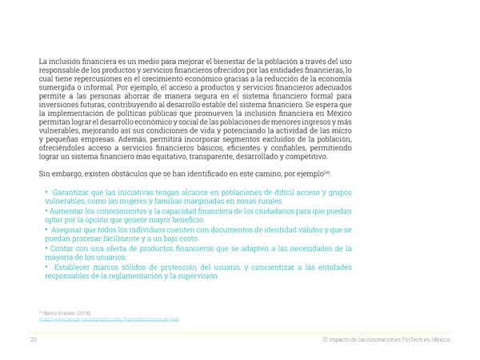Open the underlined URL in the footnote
pyautogui.click(x=109, y=318)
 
